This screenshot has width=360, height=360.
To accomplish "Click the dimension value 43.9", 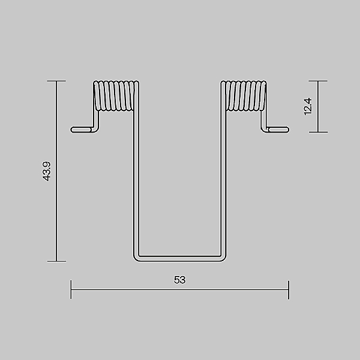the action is pos(47,172).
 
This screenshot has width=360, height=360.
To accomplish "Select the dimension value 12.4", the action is pos(308,106).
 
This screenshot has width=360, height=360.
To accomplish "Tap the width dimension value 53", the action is pos(180,280).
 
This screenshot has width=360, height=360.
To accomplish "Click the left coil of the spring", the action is pos(116,95).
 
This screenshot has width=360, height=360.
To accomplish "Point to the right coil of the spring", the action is pos(244,95).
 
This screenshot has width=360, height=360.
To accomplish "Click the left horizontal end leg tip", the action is pos(72,130).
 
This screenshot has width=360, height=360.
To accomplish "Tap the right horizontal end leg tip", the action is pos(288,130).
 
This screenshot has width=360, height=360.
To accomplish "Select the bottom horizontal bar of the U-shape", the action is pos(180,259).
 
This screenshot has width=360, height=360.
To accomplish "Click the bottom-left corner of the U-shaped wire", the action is pos(136,259).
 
